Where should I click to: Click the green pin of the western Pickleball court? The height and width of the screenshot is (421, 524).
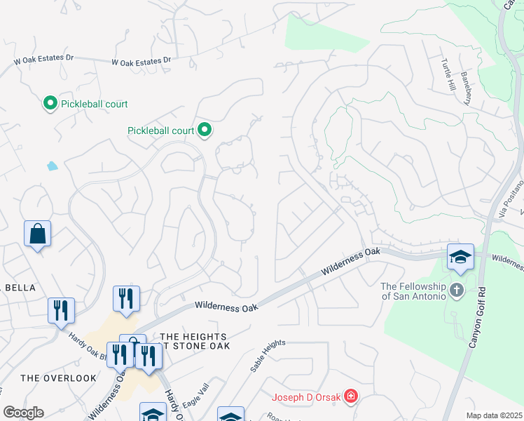(x=50, y=104)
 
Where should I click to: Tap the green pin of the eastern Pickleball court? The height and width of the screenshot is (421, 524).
(x=205, y=130)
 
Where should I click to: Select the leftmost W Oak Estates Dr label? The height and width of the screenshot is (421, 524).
(x=43, y=61)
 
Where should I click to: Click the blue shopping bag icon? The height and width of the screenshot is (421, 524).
(x=37, y=234)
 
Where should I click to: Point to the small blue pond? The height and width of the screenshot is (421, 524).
(x=52, y=166)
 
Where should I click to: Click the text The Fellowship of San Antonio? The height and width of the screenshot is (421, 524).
(x=413, y=290)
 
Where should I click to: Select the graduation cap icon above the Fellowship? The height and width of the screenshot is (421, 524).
(x=461, y=257)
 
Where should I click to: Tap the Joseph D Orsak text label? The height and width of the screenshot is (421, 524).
(x=306, y=398)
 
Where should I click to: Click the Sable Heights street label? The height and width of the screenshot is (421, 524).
(x=268, y=356)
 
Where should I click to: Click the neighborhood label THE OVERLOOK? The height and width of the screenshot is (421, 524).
(x=58, y=378)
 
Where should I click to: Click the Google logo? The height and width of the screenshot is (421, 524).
(x=23, y=412)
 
